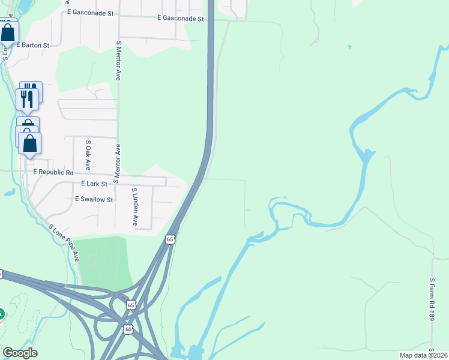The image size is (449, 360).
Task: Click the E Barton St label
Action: (x=33, y=45)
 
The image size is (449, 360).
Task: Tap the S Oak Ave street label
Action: (x=88, y=155)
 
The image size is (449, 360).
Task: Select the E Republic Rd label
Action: (x=53, y=172)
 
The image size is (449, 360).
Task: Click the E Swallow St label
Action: (x=94, y=199)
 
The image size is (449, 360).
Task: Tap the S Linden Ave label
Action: (x=134, y=206)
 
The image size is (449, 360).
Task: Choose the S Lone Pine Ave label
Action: (x=64, y=243)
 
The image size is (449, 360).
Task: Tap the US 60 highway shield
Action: (x=128, y=330)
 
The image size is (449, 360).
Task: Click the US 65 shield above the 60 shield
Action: (x=131, y=305)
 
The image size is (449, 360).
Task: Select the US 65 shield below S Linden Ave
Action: (x=170, y=239)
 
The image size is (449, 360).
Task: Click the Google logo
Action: (x=20, y=353)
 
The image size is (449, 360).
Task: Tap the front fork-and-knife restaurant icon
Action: (x=27, y=100)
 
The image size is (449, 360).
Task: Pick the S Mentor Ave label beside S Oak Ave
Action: (x=118, y=163)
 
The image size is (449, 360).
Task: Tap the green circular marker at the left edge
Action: (x=1, y=314)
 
